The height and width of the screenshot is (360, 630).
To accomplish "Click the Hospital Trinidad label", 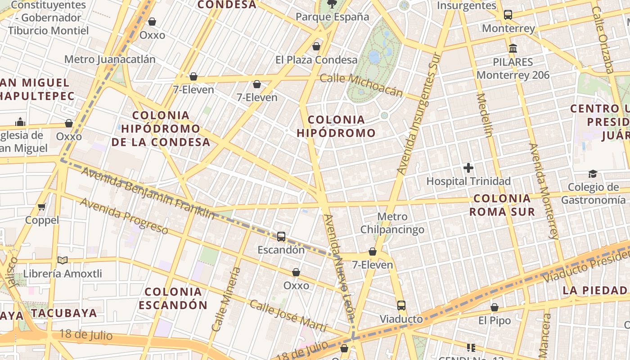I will pyautogui.click(x=468, y=181).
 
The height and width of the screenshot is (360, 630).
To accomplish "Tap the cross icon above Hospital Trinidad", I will pyautogui.click(x=468, y=168).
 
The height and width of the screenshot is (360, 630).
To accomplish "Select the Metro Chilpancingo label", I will pyautogui.click(x=392, y=223).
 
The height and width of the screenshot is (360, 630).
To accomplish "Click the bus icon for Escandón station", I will pyautogui.click(x=281, y=236).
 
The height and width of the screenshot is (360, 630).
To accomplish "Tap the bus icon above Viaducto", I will pyautogui.click(x=401, y=306).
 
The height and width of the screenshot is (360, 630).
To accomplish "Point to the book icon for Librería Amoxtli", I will pyautogui.click(x=63, y=260).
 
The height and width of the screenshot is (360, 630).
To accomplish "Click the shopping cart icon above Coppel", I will pyautogui.click(x=42, y=207).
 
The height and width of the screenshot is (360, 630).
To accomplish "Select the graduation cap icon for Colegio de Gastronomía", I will pyautogui.click(x=593, y=174).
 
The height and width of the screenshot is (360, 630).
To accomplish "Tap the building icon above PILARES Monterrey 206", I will pyautogui.click(x=513, y=48).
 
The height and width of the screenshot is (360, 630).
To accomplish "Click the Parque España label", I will pyautogui.click(x=332, y=17).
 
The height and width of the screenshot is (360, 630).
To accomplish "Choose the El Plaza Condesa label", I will pyautogui.click(x=316, y=60).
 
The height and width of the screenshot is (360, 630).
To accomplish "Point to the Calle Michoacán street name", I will pyautogui.click(x=361, y=85).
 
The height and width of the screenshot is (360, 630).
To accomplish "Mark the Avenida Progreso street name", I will pyautogui.click(x=124, y=216).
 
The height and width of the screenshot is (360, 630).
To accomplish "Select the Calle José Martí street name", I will pyautogui.click(x=288, y=315).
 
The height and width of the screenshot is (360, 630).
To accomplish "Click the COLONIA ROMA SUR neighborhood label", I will pyautogui.click(x=502, y=205).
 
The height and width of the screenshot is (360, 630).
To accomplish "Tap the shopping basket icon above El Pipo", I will pyautogui.click(x=495, y=307).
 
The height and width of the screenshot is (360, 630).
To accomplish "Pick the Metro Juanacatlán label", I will pyautogui.click(x=110, y=59).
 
